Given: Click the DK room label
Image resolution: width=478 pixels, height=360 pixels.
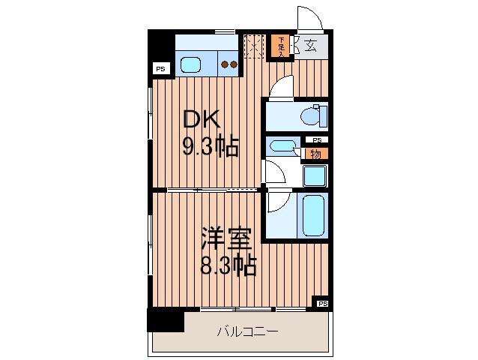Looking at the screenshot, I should (x=200, y=119).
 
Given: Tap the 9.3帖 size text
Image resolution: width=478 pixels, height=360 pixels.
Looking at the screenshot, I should (x=211, y=145).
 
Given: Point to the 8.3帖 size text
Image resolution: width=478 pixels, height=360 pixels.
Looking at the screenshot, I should (x=228, y=265).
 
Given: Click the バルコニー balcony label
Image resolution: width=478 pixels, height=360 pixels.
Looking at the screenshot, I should (x=248, y=331).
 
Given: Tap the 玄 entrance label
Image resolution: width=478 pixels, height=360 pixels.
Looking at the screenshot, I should (x=310, y=45).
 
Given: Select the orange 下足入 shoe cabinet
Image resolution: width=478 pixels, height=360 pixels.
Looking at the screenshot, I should (x=282, y=46).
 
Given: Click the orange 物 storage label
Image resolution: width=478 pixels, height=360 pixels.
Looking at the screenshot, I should (x=315, y=154).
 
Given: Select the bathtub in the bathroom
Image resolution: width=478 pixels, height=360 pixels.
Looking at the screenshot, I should (x=312, y=214).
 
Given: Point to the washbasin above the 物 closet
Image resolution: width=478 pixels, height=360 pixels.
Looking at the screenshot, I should (x=283, y=146).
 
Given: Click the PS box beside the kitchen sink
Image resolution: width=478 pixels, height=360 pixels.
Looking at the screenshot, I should (x=160, y=69).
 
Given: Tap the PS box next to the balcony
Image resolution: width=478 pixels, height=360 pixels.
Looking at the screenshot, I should (x=322, y=304).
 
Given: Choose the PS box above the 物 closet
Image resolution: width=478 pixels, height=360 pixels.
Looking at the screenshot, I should (x=316, y=140).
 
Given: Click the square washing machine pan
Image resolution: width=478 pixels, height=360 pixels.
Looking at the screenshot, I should (x=314, y=175).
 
